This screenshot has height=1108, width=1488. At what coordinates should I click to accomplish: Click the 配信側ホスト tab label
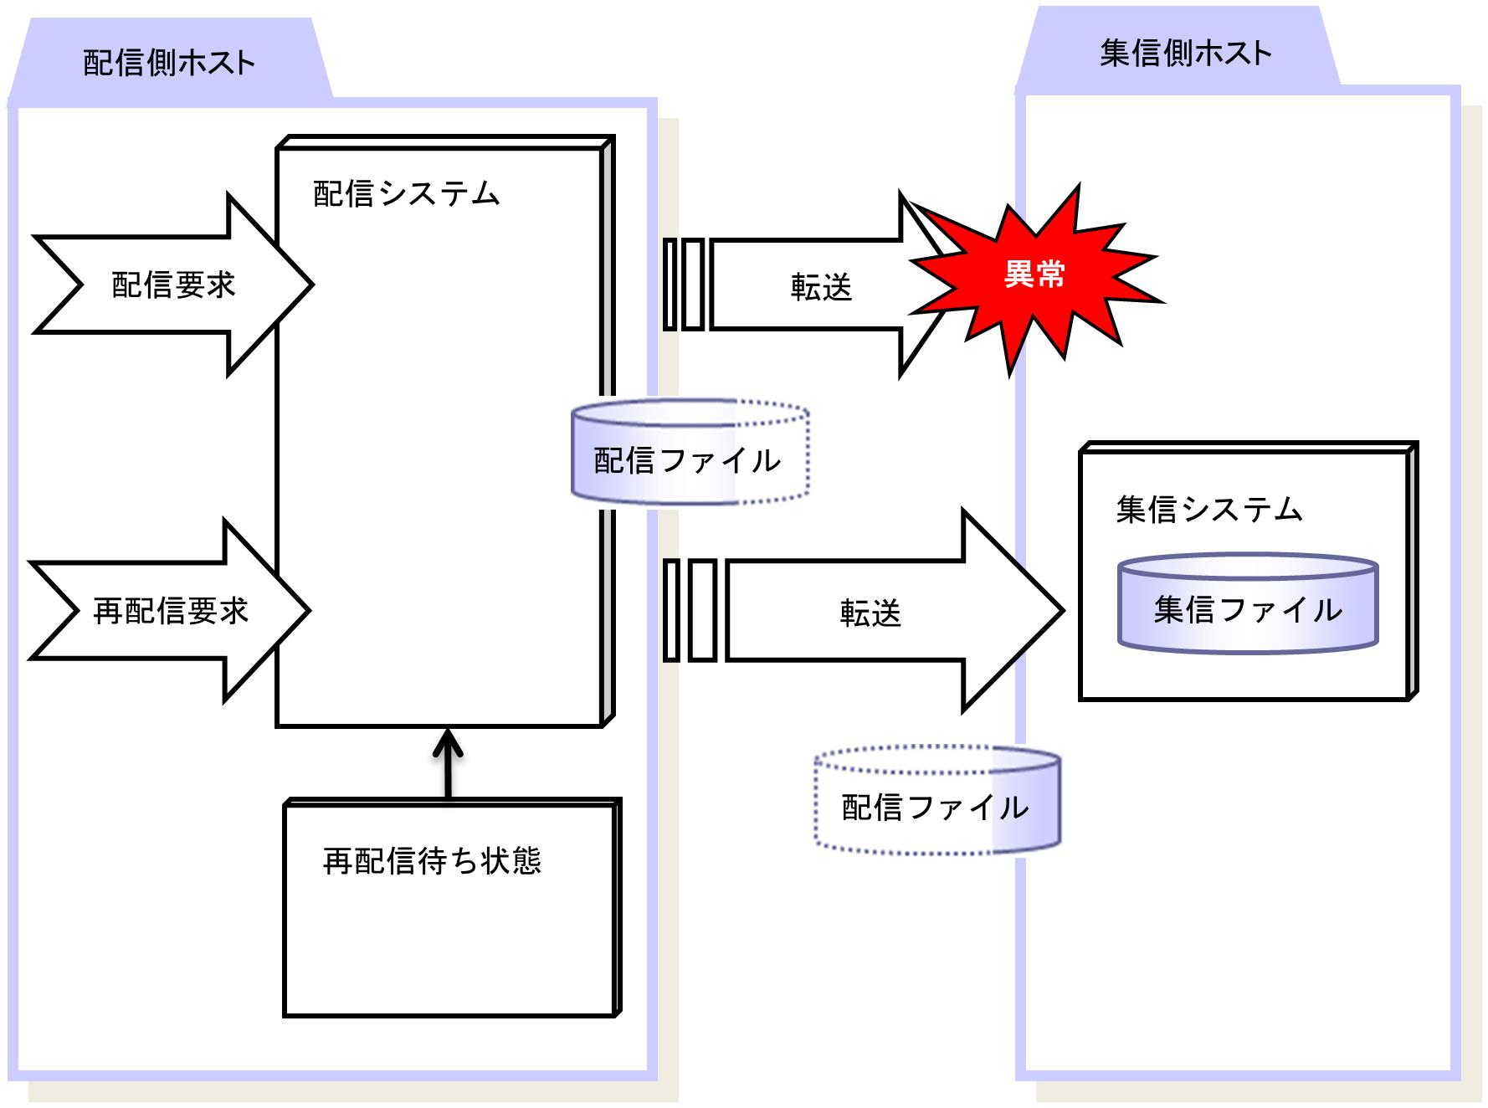[169, 64]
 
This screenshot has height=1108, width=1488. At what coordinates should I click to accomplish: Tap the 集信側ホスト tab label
[1185, 54]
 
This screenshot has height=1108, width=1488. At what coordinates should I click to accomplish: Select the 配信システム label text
[406, 194]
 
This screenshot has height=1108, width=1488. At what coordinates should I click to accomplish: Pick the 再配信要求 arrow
[170, 611]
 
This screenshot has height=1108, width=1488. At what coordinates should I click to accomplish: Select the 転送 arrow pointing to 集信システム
[895, 612]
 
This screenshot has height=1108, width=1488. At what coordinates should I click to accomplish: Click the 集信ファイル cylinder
[1248, 603]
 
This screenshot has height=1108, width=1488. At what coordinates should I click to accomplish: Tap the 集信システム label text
[1209, 510]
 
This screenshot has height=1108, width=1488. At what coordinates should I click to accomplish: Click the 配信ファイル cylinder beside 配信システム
[690, 452]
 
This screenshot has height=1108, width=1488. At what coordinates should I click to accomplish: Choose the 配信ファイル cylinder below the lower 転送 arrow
[937, 799]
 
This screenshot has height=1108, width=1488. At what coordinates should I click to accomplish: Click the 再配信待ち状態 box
[452, 907]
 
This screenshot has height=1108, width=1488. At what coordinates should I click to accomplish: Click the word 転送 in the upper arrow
[821, 288]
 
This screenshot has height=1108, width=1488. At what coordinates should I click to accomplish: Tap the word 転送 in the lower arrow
[870, 613]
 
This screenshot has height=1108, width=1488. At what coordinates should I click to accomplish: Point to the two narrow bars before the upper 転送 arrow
[684, 285]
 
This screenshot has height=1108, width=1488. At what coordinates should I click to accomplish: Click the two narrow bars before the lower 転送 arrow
[690, 611]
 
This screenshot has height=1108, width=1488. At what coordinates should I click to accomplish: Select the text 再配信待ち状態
[432, 861]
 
